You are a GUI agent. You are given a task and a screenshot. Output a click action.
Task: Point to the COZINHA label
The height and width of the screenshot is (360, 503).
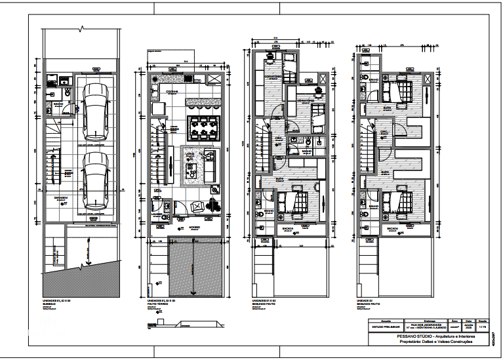coord(172,91)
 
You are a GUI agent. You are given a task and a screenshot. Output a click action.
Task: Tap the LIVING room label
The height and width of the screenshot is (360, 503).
coord(190,154)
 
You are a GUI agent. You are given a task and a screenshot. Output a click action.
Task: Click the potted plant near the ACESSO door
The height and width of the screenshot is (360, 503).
coord(214,204)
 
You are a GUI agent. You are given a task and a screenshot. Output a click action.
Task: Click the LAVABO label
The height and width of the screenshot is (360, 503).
coord(157,213)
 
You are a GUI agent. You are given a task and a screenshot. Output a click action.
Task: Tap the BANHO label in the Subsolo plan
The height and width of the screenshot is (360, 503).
coord(58,103)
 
